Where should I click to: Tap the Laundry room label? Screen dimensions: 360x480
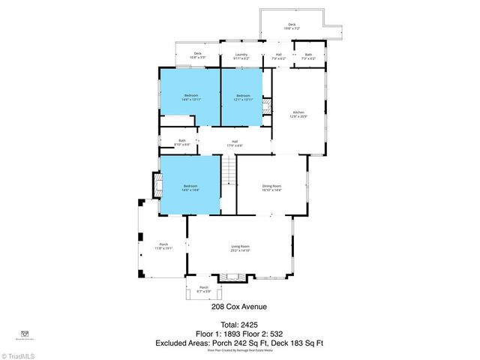[241, 56]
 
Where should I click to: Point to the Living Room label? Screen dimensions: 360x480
[240, 248]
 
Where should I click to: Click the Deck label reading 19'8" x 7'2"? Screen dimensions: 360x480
[292, 27]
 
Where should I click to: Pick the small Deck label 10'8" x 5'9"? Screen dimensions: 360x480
[198, 55]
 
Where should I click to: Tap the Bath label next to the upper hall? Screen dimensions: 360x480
[308, 56]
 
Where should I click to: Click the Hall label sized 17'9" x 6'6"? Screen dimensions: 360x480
[234, 143]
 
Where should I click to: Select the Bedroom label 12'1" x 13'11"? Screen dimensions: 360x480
[243, 97]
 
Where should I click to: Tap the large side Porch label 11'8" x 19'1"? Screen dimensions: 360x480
[163, 246]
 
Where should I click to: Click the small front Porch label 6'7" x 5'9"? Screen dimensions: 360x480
[203, 289]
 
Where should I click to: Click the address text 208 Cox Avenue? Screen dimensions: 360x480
[239, 306]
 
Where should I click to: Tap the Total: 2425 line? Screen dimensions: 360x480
[239, 324]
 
